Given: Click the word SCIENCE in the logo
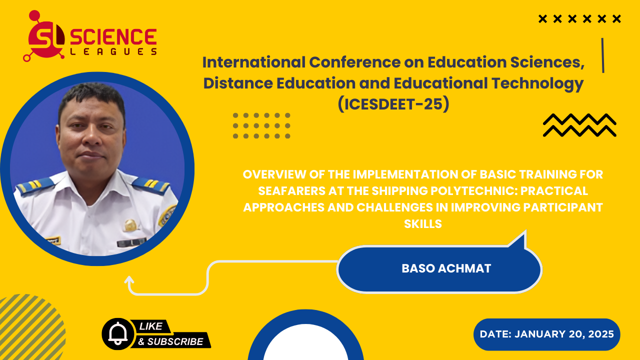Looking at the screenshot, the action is pyautogui.click(x=113, y=37).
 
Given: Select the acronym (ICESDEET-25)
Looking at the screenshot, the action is pyautogui.click(x=393, y=104).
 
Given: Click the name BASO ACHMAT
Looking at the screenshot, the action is pyautogui.click(x=446, y=268).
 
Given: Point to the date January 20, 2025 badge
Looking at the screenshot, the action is pyautogui.click(x=547, y=334).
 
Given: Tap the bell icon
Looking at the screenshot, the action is pyautogui.click(x=117, y=333).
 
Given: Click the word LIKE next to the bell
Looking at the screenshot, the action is pyautogui.click(x=150, y=326).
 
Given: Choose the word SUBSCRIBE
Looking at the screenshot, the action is pyautogui.click(x=175, y=341).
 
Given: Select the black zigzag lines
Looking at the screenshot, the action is pyautogui.click(x=579, y=125).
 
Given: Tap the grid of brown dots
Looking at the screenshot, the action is pyautogui.click(x=261, y=125).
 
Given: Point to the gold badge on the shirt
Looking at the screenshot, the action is pyautogui.click(x=130, y=225).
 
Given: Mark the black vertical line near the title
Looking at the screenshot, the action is pyautogui.click(x=603, y=55).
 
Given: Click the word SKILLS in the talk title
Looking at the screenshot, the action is pyautogui.click(x=423, y=224).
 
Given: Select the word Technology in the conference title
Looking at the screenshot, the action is pyautogui.click(x=537, y=83).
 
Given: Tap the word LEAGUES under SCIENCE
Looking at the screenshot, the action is pyautogui.click(x=113, y=51).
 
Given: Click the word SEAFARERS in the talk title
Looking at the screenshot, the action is pyautogui.click(x=291, y=191).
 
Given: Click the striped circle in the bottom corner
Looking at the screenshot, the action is pyautogui.click(x=30, y=327).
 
